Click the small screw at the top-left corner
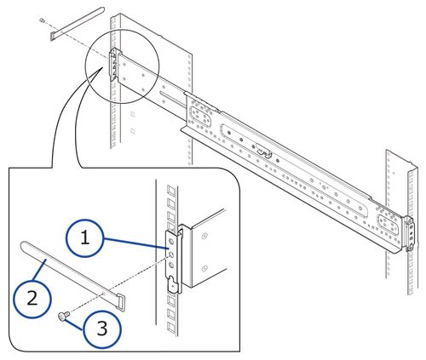[43, 20]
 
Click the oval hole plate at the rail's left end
[202, 113]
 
